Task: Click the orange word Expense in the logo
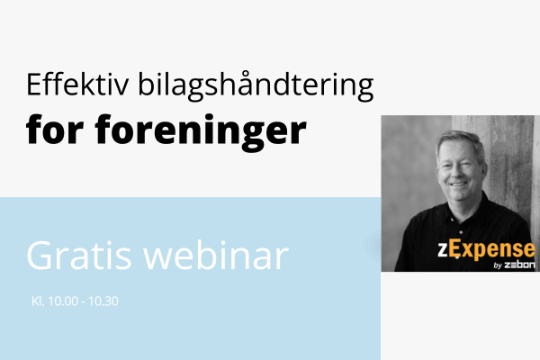(x=505, y=249)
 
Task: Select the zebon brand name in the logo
(x=521, y=265)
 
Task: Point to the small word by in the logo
(x=499, y=265)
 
